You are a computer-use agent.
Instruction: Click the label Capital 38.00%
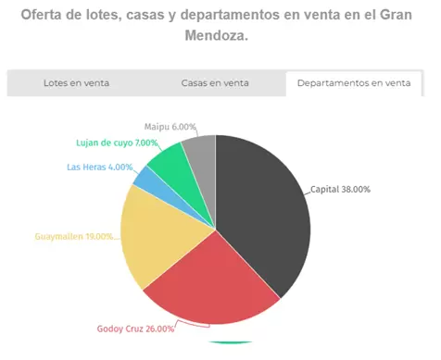(340, 189)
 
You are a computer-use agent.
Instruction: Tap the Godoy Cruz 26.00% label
(135, 329)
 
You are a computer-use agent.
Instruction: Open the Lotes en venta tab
(77, 82)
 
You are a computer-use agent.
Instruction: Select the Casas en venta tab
(215, 82)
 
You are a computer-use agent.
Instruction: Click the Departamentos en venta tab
(354, 82)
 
